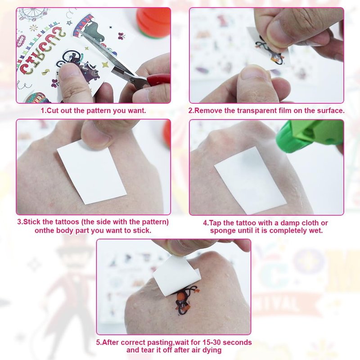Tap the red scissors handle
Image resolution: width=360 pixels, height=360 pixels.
pyautogui.click(x=158, y=80)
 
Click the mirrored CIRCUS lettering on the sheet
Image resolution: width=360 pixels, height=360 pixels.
pyautogui.click(x=40, y=52)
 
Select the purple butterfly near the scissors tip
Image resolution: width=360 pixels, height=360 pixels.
pyautogui.click(x=121, y=36)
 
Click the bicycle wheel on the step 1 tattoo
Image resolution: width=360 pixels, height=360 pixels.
pyautogui.click(x=69, y=56)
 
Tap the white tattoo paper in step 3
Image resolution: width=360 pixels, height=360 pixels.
pyautogui.click(x=92, y=172)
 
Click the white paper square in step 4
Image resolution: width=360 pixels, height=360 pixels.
pyautogui.click(x=250, y=181)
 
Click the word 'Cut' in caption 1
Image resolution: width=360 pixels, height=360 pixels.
pyautogui.click(x=52, y=111)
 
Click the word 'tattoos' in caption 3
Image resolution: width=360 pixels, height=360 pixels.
pyautogui.click(x=67, y=222)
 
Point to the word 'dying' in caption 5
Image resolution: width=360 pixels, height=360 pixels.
pyautogui.click(x=212, y=351)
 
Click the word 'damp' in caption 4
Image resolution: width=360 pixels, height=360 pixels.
pyautogui.click(x=290, y=223)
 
